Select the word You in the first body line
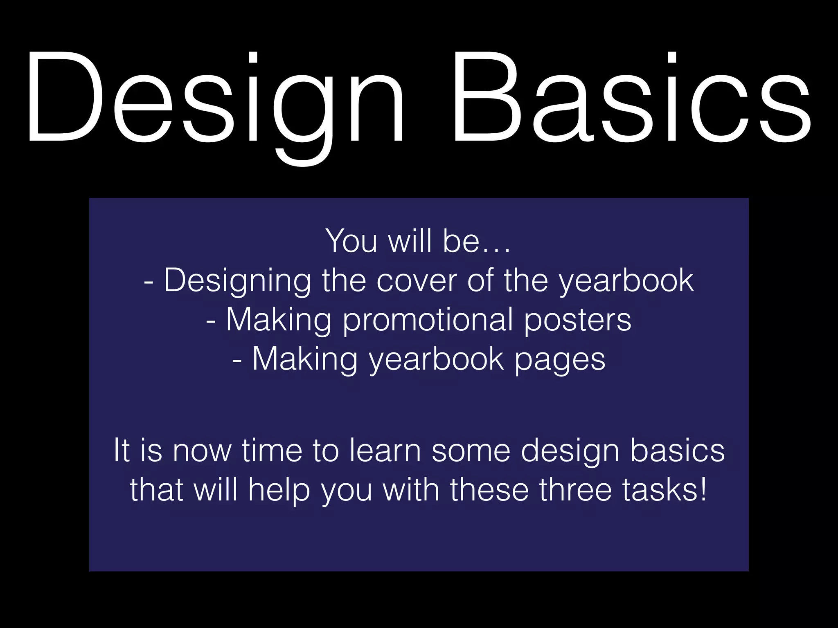(351, 241)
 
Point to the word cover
(416, 281)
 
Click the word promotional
(428, 320)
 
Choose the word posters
(578, 320)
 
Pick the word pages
(559, 360)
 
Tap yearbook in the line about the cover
(626, 281)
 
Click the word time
(272, 451)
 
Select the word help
(279, 490)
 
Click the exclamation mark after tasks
(703, 490)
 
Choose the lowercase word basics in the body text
(677, 451)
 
